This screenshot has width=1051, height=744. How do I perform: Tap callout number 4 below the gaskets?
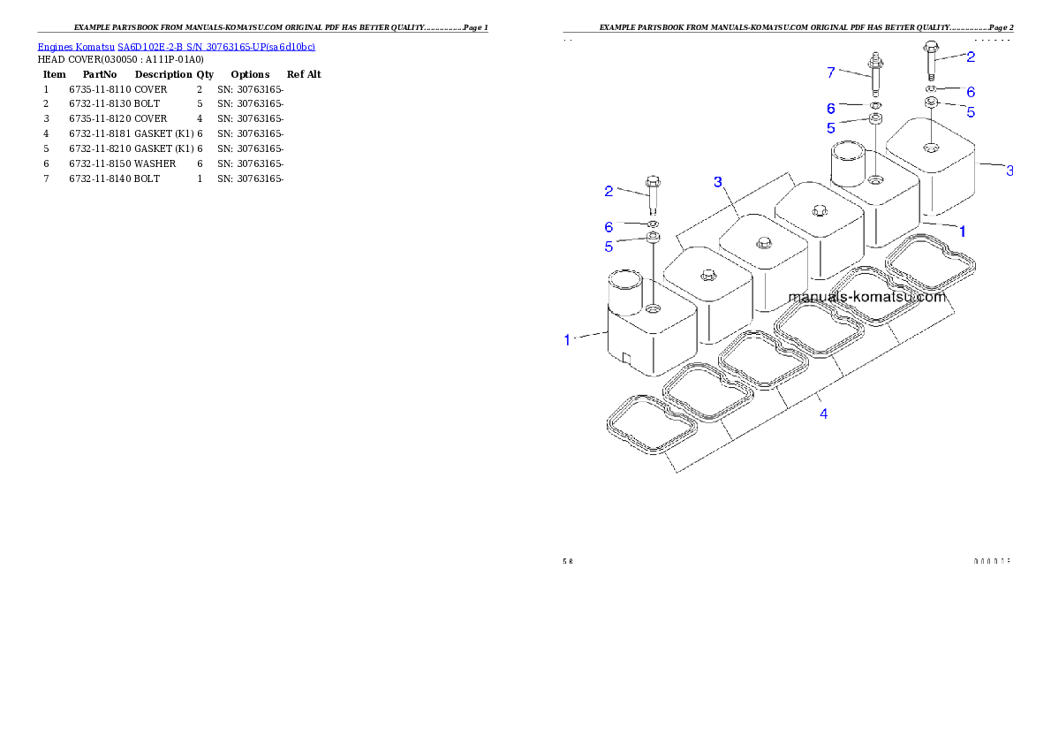(823, 413)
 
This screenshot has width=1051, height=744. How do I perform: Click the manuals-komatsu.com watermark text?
(866, 297)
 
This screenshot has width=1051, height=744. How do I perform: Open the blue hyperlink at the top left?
(176, 46)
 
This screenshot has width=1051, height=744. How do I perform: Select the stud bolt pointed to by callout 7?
(875, 73)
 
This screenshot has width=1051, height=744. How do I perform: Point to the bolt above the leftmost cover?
(654, 195)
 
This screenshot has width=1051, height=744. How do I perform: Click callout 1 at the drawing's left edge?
(568, 338)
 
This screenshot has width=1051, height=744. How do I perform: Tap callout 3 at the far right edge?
(1009, 171)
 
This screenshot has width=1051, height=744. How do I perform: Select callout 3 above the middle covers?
(718, 181)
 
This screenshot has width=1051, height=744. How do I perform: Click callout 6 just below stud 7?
(830, 108)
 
